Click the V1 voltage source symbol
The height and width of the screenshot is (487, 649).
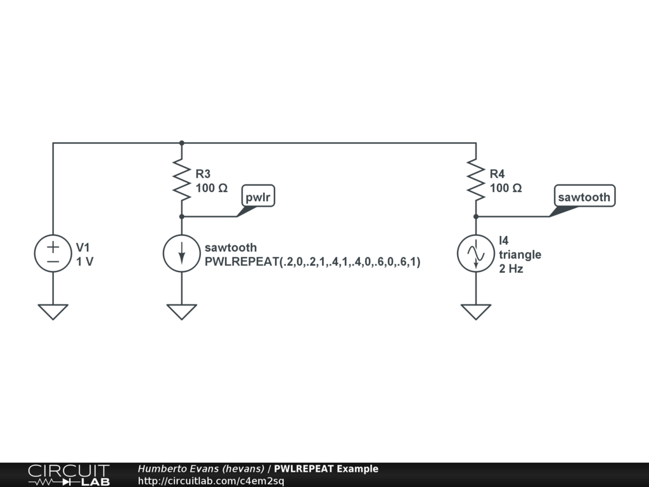pyautogui.click(x=53, y=254)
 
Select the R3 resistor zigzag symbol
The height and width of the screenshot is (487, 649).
pyautogui.click(x=182, y=179)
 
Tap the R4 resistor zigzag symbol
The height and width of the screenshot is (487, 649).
pyautogui.click(x=476, y=179)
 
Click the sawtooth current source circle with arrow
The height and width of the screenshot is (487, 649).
pyautogui.click(x=182, y=254)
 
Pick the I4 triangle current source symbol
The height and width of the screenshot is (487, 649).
pyautogui.click(x=476, y=254)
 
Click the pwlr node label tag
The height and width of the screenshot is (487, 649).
pyautogui.click(x=259, y=197)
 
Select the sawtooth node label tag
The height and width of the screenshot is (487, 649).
pyautogui.click(x=584, y=197)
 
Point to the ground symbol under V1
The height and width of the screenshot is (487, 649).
pyautogui.click(x=53, y=311)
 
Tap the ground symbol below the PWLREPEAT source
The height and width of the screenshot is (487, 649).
pyautogui.click(x=182, y=311)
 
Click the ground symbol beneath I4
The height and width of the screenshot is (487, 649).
pyautogui.click(x=476, y=311)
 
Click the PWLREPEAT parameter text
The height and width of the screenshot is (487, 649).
pyautogui.click(x=312, y=261)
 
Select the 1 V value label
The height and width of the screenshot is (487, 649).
pyautogui.click(x=85, y=261)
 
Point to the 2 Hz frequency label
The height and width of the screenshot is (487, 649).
pyautogui.click(x=511, y=268)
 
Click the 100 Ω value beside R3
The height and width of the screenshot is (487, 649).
pyautogui.click(x=212, y=188)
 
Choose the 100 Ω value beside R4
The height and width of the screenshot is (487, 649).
pyautogui.click(x=506, y=188)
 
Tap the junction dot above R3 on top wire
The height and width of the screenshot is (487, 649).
pyautogui.click(x=182, y=143)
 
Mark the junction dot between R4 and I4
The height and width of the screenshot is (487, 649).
pyautogui.click(x=476, y=216)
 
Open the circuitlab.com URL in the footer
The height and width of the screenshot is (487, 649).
pyautogui.click(x=211, y=481)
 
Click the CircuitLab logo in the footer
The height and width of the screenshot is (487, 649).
pyautogui.click(x=68, y=475)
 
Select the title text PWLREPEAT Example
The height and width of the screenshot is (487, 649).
pyautogui.click(x=326, y=469)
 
